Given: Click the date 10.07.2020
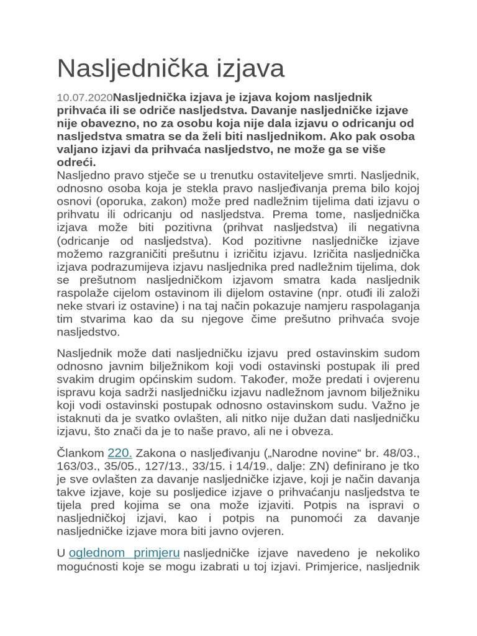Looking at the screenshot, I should [x=85, y=98].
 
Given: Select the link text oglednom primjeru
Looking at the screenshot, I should [x=124, y=552].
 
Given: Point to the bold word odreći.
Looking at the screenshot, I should [x=76, y=162].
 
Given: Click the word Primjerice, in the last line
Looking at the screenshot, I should [x=334, y=566].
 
